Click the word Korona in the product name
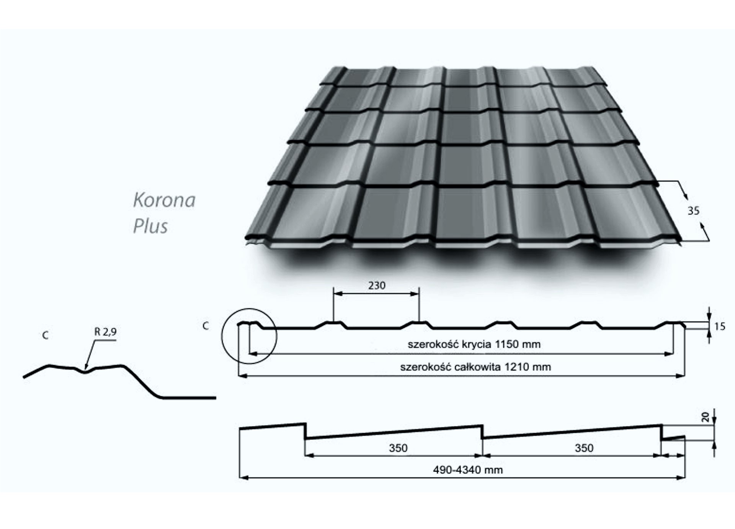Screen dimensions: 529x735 click(x=164, y=200)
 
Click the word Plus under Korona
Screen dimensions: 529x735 click(x=150, y=226)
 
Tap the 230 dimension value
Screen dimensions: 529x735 click(x=377, y=286)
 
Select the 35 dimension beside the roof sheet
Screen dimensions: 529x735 click(x=693, y=211)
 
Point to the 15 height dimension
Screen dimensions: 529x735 click(x=720, y=327)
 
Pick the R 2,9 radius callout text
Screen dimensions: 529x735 click(x=105, y=332)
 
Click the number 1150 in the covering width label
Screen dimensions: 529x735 click(x=507, y=344)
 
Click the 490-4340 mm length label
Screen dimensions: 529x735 click(x=468, y=470)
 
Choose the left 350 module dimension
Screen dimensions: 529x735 click(x=398, y=448)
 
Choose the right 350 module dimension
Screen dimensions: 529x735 click(x=584, y=448)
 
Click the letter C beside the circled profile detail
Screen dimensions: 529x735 click(x=206, y=326)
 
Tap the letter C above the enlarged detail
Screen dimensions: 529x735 click(x=45, y=335)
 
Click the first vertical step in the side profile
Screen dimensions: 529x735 click(x=305, y=431)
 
